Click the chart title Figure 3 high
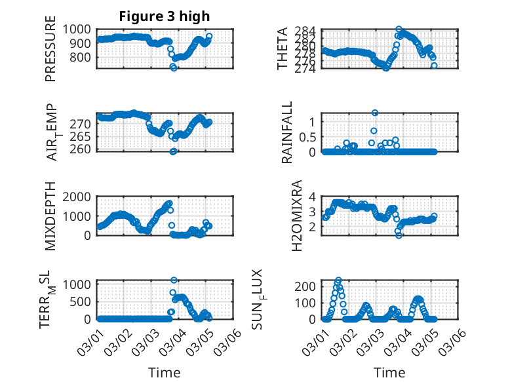[x=165, y=16]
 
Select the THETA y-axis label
[x=283, y=49]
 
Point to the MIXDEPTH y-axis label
[x=51, y=216]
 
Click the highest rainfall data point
[x=375, y=113]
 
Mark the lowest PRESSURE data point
[x=174, y=67]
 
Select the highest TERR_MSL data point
[x=174, y=280]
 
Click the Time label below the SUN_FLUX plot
[x=389, y=373]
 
